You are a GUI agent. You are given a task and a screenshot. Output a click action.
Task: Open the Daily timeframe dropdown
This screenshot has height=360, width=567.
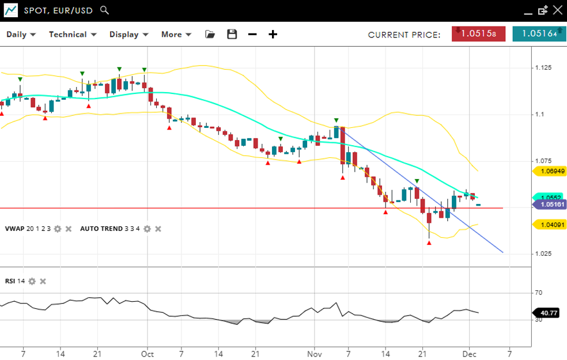coord(21,35)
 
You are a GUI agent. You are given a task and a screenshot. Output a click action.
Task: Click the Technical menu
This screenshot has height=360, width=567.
coord(72,35)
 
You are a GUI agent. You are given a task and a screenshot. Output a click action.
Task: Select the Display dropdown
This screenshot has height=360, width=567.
coord(128,35)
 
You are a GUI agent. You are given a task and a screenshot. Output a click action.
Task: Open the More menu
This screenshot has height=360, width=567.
coord(175,35)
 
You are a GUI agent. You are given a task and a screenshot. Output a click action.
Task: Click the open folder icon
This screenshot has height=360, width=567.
coord(210,35)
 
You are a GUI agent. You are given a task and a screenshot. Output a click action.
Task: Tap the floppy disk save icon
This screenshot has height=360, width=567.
coord(232,35)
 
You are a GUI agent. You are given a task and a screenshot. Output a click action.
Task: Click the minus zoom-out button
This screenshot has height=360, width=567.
coord(252,35)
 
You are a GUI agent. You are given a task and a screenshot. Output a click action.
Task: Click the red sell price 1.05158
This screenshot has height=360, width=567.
coord(478,33)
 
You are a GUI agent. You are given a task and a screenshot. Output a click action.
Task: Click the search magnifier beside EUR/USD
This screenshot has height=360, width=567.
coord(104,10)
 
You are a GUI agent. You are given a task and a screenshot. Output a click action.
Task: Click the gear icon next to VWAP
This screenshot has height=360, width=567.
coord(57,229)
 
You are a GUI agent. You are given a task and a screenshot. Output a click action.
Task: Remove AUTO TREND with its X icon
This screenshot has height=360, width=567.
coord(158,229)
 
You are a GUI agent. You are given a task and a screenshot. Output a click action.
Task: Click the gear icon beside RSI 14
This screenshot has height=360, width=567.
coord(32,281)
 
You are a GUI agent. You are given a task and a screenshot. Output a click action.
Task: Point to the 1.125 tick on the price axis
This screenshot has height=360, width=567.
coord(543,68)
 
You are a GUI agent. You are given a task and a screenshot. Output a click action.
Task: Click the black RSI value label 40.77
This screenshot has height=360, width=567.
coord(547,313)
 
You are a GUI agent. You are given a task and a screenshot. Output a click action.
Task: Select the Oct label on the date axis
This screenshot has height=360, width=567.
coord(147,353)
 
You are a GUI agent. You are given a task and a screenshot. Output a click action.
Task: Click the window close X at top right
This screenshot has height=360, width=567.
coord(557,10)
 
